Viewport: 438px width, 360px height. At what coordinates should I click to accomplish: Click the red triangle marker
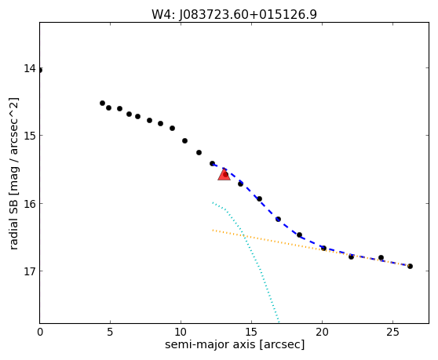[224, 175]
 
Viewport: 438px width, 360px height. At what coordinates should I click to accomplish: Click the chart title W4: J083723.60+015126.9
[234, 14]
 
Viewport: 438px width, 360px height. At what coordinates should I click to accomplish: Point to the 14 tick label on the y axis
[30, 68]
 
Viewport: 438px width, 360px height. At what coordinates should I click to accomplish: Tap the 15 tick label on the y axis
[30, 136]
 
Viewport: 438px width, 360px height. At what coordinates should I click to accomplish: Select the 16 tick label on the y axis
[30, 204]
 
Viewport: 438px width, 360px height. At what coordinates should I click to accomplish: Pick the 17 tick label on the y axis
[30, 271]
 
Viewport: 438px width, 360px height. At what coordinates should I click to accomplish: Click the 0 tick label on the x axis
[40, 332]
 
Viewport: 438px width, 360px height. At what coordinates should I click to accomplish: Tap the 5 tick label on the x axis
[110, 332]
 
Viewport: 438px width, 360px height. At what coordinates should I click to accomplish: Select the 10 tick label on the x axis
[181, 332]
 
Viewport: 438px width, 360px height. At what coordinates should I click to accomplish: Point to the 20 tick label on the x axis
[322, 332]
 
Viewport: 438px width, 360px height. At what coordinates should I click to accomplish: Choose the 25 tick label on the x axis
[392, 332]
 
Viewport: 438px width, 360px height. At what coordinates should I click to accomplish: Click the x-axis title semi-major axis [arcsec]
[235, 344]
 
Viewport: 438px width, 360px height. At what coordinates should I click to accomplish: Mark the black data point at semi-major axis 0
[40, 70]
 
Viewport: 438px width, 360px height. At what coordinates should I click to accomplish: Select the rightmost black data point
[410, 266]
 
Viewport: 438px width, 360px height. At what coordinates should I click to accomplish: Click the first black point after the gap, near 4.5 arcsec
[102, 104]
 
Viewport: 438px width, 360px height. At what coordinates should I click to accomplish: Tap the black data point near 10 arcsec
[184, 141]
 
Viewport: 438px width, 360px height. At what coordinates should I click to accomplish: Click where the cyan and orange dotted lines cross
[244, 236]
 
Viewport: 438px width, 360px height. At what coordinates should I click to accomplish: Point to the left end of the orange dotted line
[213, 231]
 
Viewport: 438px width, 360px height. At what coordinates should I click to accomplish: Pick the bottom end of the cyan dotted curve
[279, 322]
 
